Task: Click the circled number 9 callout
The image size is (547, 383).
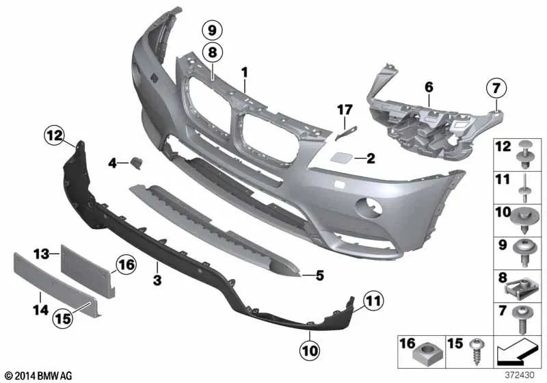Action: coord(212,30)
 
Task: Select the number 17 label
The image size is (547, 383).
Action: coord(345,110)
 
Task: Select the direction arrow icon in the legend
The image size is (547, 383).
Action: coord(516,352)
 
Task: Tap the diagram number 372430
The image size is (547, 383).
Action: coord(519,375)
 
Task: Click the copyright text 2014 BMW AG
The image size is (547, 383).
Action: coord(39,375)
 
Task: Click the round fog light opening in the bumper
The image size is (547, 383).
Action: coord(369,208)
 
